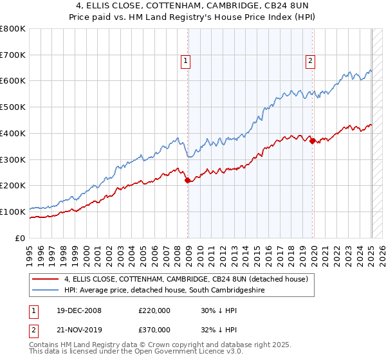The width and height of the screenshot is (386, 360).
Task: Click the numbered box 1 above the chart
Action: click(x=185, y=61)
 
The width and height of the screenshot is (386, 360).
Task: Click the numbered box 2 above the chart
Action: click(x=309, y=61)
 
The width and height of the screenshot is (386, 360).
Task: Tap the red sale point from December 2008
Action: click(x=188, y=181)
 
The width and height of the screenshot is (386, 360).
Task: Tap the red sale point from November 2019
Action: click(x=313, y=141)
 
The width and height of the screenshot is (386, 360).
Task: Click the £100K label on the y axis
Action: click(x=13, y=212)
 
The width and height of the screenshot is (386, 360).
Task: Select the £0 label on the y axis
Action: click(x=21, y=238)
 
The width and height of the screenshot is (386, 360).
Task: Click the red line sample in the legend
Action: click(x=46, y=280)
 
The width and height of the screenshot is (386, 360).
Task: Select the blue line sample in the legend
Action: click(x=46, y=291)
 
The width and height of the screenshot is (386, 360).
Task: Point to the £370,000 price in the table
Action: click(x=154, y=329)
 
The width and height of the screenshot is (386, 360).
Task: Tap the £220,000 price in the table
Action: click(x=154, y=310)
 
